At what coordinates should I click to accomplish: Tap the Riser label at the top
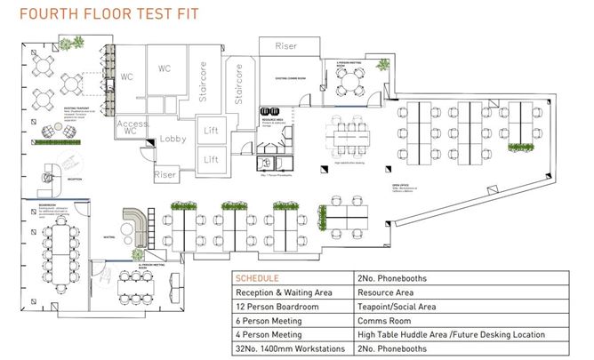click(x=286, y=45)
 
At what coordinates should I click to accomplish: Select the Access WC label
click(x=131, y=126)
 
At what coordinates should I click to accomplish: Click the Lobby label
click(x=174, y=139)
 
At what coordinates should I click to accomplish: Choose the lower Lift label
click(x=212, y=159)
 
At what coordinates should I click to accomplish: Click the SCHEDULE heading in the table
click(x=257, y=278)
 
